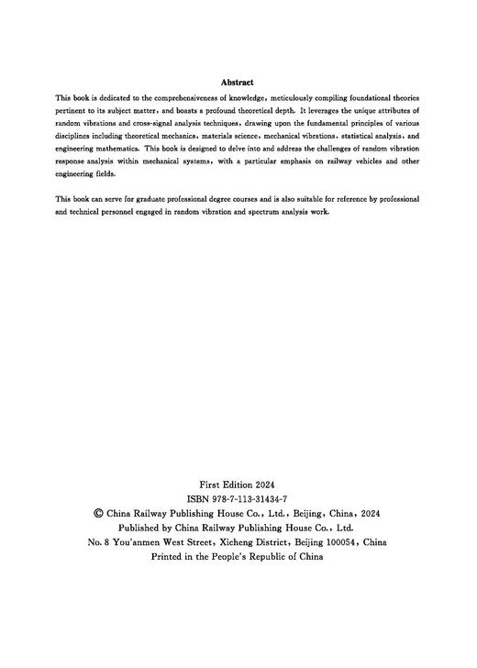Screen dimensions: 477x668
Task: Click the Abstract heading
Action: (x=238, y=82)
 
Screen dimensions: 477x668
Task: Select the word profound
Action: (x=226, y=109)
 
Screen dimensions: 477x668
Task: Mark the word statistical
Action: (x=351, y=135)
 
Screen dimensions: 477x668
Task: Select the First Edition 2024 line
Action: (x=238, y=484)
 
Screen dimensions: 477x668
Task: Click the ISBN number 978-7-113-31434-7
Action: (x=249, y=498)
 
